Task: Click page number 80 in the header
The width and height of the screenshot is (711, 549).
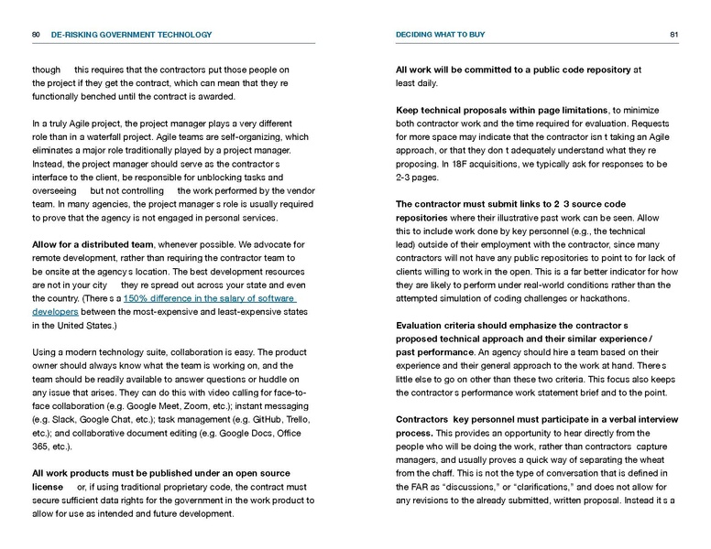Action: click(35, 35)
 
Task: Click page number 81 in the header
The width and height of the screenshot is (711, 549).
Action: click(673, 35)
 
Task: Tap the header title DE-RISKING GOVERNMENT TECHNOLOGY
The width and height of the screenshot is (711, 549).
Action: click(131, 35)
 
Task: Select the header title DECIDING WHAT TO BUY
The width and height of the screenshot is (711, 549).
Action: click(441, 35)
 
